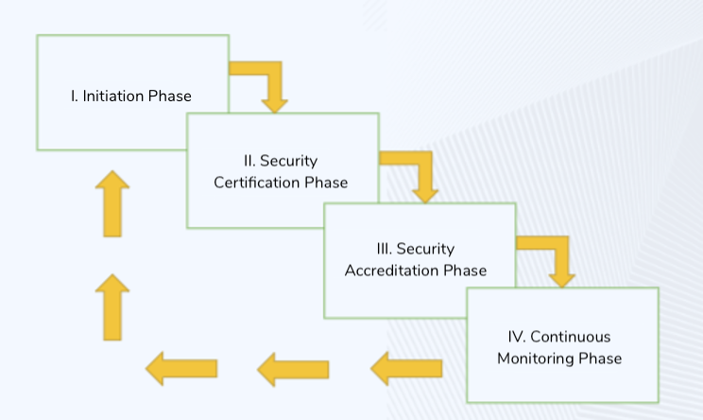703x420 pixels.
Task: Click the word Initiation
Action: tap(113, 96)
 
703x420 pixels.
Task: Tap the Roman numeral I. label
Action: tap(74, 96)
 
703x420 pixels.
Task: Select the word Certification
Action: tap(256, 183)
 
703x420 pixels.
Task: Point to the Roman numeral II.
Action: tap(249, 161)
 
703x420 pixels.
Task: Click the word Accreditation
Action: tap(391, 271)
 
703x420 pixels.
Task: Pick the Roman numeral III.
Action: tap(385, 249)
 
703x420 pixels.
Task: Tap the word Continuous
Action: tap(571, 337)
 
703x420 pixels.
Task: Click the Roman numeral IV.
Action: tap(517, 337)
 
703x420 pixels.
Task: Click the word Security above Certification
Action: tap(289, 161)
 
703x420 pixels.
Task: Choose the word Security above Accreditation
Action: tap(425, 249)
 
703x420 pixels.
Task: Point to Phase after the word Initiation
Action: tap(170, 96)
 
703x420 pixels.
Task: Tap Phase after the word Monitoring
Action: tap(600, 359)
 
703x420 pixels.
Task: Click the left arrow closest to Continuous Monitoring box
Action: tap(406, 368)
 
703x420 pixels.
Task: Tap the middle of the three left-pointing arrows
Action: tap(293, 369)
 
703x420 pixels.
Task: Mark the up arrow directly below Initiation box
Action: tap(112, 203)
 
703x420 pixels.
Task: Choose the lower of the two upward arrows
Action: tap(112, 307)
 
